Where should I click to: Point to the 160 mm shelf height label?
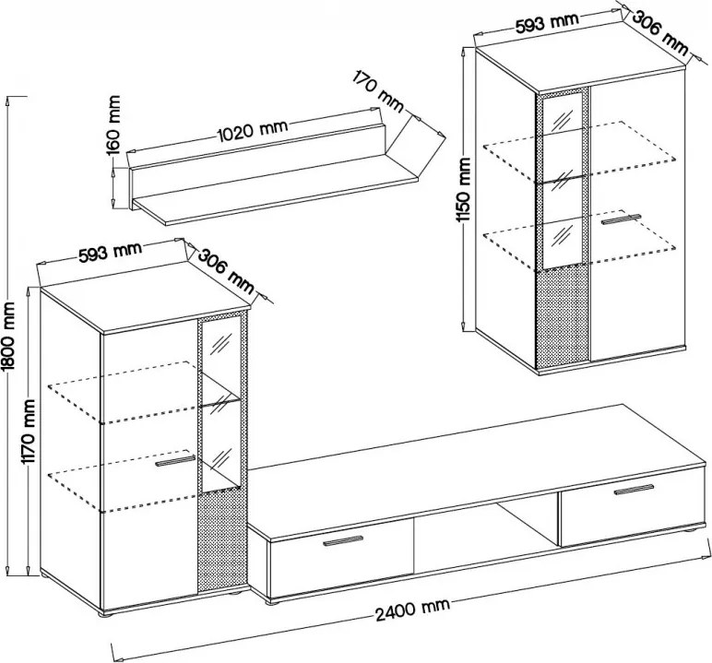pos(114,124)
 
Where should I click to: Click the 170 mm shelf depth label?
pos(378,91)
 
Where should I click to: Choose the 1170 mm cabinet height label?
pos(30,432)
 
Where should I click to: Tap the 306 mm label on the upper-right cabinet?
pos(659,33)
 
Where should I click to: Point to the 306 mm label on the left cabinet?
pos(226,271)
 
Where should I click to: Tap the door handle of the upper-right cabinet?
pos(621,219)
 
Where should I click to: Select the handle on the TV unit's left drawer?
pos(343,541)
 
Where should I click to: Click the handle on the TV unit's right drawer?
pos(634,490)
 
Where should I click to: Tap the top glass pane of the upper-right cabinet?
pos(563,113)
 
